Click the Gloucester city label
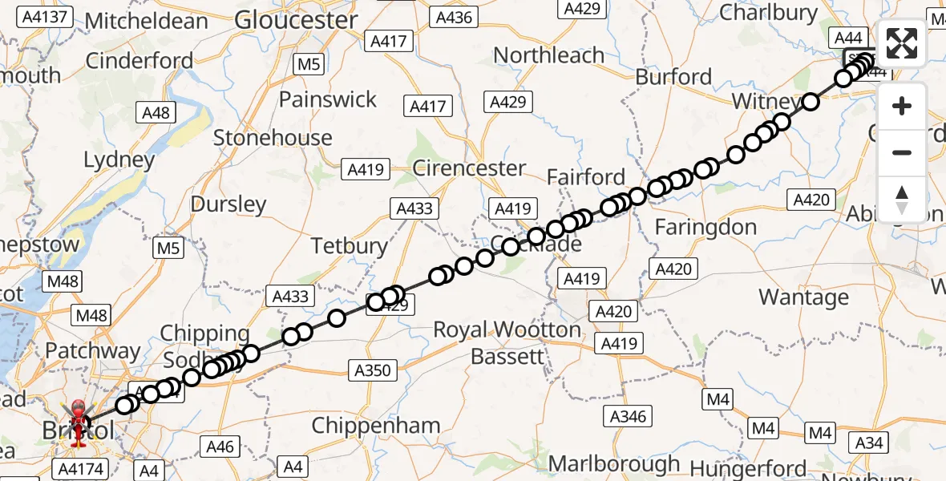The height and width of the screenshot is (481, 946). pyautogui.click(x=297, y=20)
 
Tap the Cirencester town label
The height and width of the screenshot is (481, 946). pyautogui.click(x=469, y=168)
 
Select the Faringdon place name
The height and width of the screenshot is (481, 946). pyautogui.click(x=705, y=228)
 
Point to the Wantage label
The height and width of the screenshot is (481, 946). pyautogui.click(x=803, y=297)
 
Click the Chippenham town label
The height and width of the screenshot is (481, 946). pyautogui.click(x=376, y=426)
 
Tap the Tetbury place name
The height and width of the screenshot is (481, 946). pyautogui.click(x=350, y=245)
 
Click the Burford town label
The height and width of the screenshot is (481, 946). pyautogui.click(x=673, y=77)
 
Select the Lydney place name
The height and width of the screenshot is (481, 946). pyautogui.click(x=119, y=160)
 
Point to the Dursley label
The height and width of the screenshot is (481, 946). pyautogui.click(x=228, y=204)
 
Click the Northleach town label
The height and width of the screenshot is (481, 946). pyautogui.click(x=549, y=55)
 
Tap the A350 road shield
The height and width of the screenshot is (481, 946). pyautogui.click(x=373, y=370)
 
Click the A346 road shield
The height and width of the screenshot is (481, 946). pyautogui.click(x=629, y=415)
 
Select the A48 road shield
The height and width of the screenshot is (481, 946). pyautogui.click(x=156, y=112)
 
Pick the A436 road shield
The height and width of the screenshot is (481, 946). pyautogui.click(x=453, y=16)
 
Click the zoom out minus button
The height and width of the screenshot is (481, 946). pyautogui.click(x=902, y=152)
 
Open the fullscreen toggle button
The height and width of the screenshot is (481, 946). pyautogui.click(x=902, y=43)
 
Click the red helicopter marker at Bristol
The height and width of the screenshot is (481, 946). pyautogui.click(x=79, y=417)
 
